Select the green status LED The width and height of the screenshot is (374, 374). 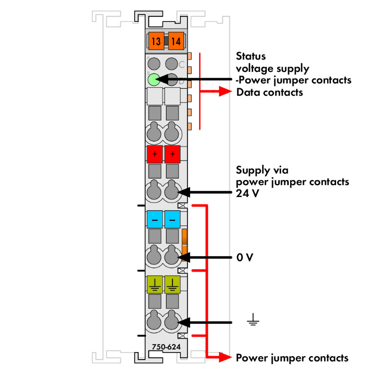coord(154,79)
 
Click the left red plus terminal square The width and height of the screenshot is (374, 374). coord(155,154)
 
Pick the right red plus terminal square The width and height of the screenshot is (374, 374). coord(173,154)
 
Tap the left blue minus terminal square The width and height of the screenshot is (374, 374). coord(155,219)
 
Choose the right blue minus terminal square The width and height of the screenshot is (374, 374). coord(173,219)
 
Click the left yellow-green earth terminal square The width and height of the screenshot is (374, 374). coord(155,284)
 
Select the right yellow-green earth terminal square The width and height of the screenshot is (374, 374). coord(173,284)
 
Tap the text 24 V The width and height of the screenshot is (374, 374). coord(247,193)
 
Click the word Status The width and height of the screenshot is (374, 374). coord(251,56)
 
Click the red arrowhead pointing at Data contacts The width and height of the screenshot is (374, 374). coord(227,92)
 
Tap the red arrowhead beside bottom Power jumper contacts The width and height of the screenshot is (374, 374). coord(226,357)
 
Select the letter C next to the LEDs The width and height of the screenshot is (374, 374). coord(182,64)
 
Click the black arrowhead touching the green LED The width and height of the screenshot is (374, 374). coord(161,79)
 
